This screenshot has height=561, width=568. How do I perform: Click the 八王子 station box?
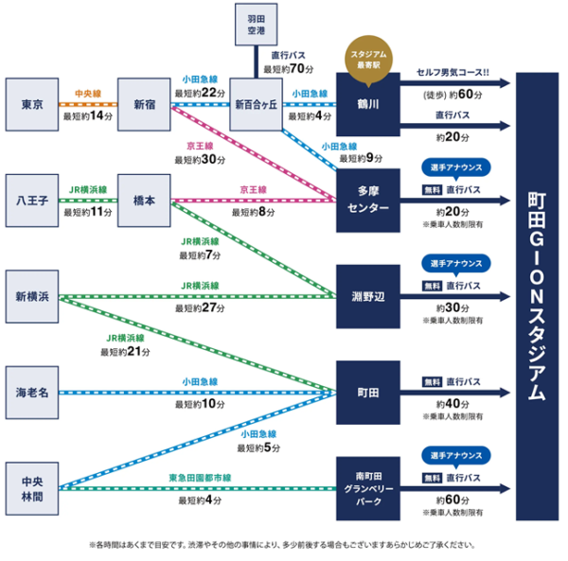coord(33,199)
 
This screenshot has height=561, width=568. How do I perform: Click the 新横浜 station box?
coord(33,295)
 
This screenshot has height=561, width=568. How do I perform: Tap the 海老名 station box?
coord(33,391)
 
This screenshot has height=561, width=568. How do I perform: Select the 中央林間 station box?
coord(33,486)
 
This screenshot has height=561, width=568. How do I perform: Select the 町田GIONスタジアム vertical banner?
coord(537,293)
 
